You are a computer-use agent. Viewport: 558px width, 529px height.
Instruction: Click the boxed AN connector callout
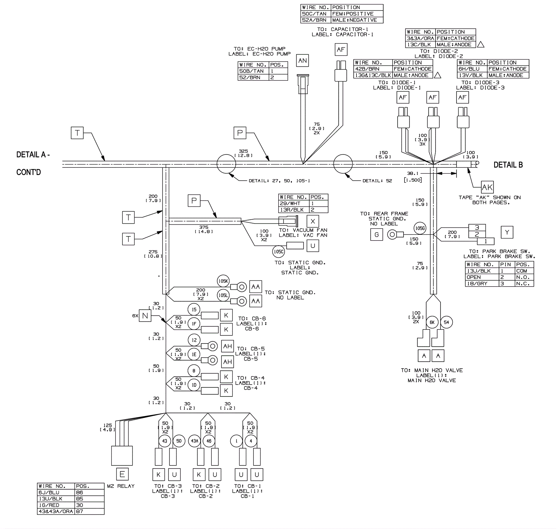pyautogui.click(x=302, y=61)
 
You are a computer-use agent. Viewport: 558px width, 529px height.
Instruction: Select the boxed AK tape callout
pyautogui.click(x=487, y=187)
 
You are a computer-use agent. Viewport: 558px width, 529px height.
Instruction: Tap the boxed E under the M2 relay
pyautogui.click(x=122, y=474)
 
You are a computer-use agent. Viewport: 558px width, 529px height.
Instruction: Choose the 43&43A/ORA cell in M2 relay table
pyautogui.click(x=56, y=511)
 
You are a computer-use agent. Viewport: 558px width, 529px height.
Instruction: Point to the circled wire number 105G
pyautogui.click(x=420, y=228)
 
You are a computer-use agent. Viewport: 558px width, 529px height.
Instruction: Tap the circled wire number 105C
pyautogui.click(x=279, y=251)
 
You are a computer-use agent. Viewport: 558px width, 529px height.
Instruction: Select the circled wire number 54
pyautogui.click(x=446, y=322)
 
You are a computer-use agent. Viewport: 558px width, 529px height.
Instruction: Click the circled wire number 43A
pyautogui.click(x=194, y=441)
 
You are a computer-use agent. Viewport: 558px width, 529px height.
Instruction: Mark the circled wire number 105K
pyautogui.click(x=223, y=281)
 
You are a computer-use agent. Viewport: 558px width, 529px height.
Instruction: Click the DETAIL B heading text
pyautogui.click(x=508, y=165)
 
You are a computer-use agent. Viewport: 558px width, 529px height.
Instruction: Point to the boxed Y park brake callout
pyautogui.click(x=507, y=232)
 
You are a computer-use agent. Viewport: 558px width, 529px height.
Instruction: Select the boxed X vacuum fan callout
pyautogui.click(x=313, y=221)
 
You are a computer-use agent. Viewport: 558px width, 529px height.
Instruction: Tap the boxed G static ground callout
pyautogui.click(x=376, y=235)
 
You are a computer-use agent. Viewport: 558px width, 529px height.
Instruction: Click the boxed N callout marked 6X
pyautogui.click(x=145, y=316)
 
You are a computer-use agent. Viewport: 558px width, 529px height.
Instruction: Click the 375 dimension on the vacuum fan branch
pyautogui.click(x=204, y=227)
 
